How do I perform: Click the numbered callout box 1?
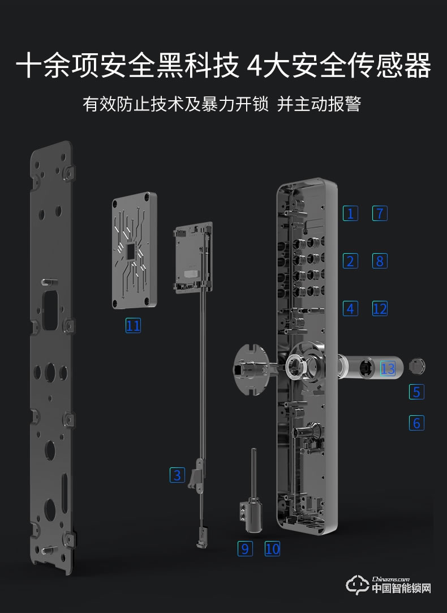click(x=351, y=214)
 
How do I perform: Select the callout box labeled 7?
click(x=380, y=214)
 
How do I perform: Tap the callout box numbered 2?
click(x=351, y=261)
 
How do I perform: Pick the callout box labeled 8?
click(x=380, y=261)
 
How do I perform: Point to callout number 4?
click(x=351, y=309)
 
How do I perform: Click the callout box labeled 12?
click(x=380, y=309)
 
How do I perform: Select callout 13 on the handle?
click(x=388, y=369)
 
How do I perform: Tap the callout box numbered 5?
click(x=417, y=391)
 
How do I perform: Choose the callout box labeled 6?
click(x=417, y=423)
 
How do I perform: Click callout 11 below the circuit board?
click(x=133, y=325)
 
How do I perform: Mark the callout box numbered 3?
click(x=178, y=475)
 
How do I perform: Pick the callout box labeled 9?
click(x=245, y=548)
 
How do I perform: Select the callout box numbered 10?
click(x=272, y=548)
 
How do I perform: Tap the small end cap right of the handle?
click(x=416, y=367)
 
